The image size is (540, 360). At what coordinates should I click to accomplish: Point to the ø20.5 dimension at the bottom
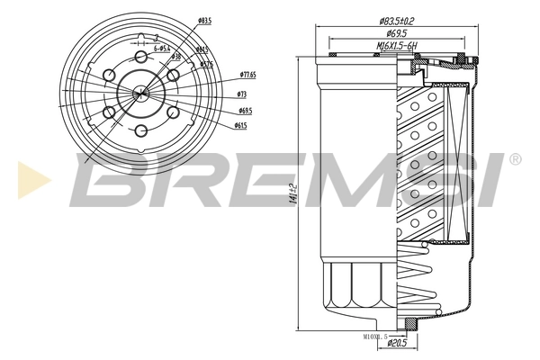point(398,342)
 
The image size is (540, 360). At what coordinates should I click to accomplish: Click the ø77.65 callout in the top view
point(248,75)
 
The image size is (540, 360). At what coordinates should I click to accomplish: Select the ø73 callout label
point(242,93)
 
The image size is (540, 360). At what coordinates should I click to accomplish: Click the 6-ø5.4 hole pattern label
point(163,48)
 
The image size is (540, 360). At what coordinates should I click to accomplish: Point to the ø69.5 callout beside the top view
point(244,111)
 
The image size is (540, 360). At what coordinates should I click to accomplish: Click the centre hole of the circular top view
point(139,91)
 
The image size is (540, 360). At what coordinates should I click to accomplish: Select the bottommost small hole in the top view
point(139,132)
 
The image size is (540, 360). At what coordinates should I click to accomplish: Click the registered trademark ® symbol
point(515,159)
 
